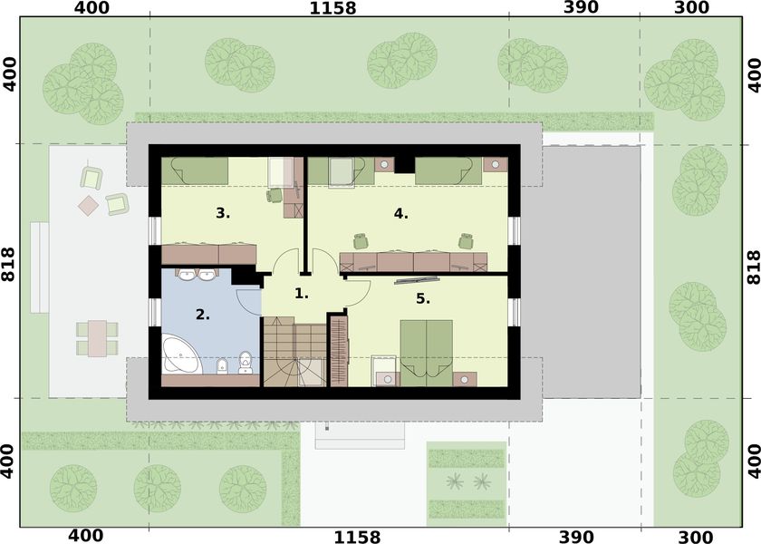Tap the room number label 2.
203,316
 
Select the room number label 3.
223,214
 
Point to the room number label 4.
401,214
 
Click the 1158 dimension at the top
332,9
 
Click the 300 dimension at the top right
692,9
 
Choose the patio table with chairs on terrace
96,337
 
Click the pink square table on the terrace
89,205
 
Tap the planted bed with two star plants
466,481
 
